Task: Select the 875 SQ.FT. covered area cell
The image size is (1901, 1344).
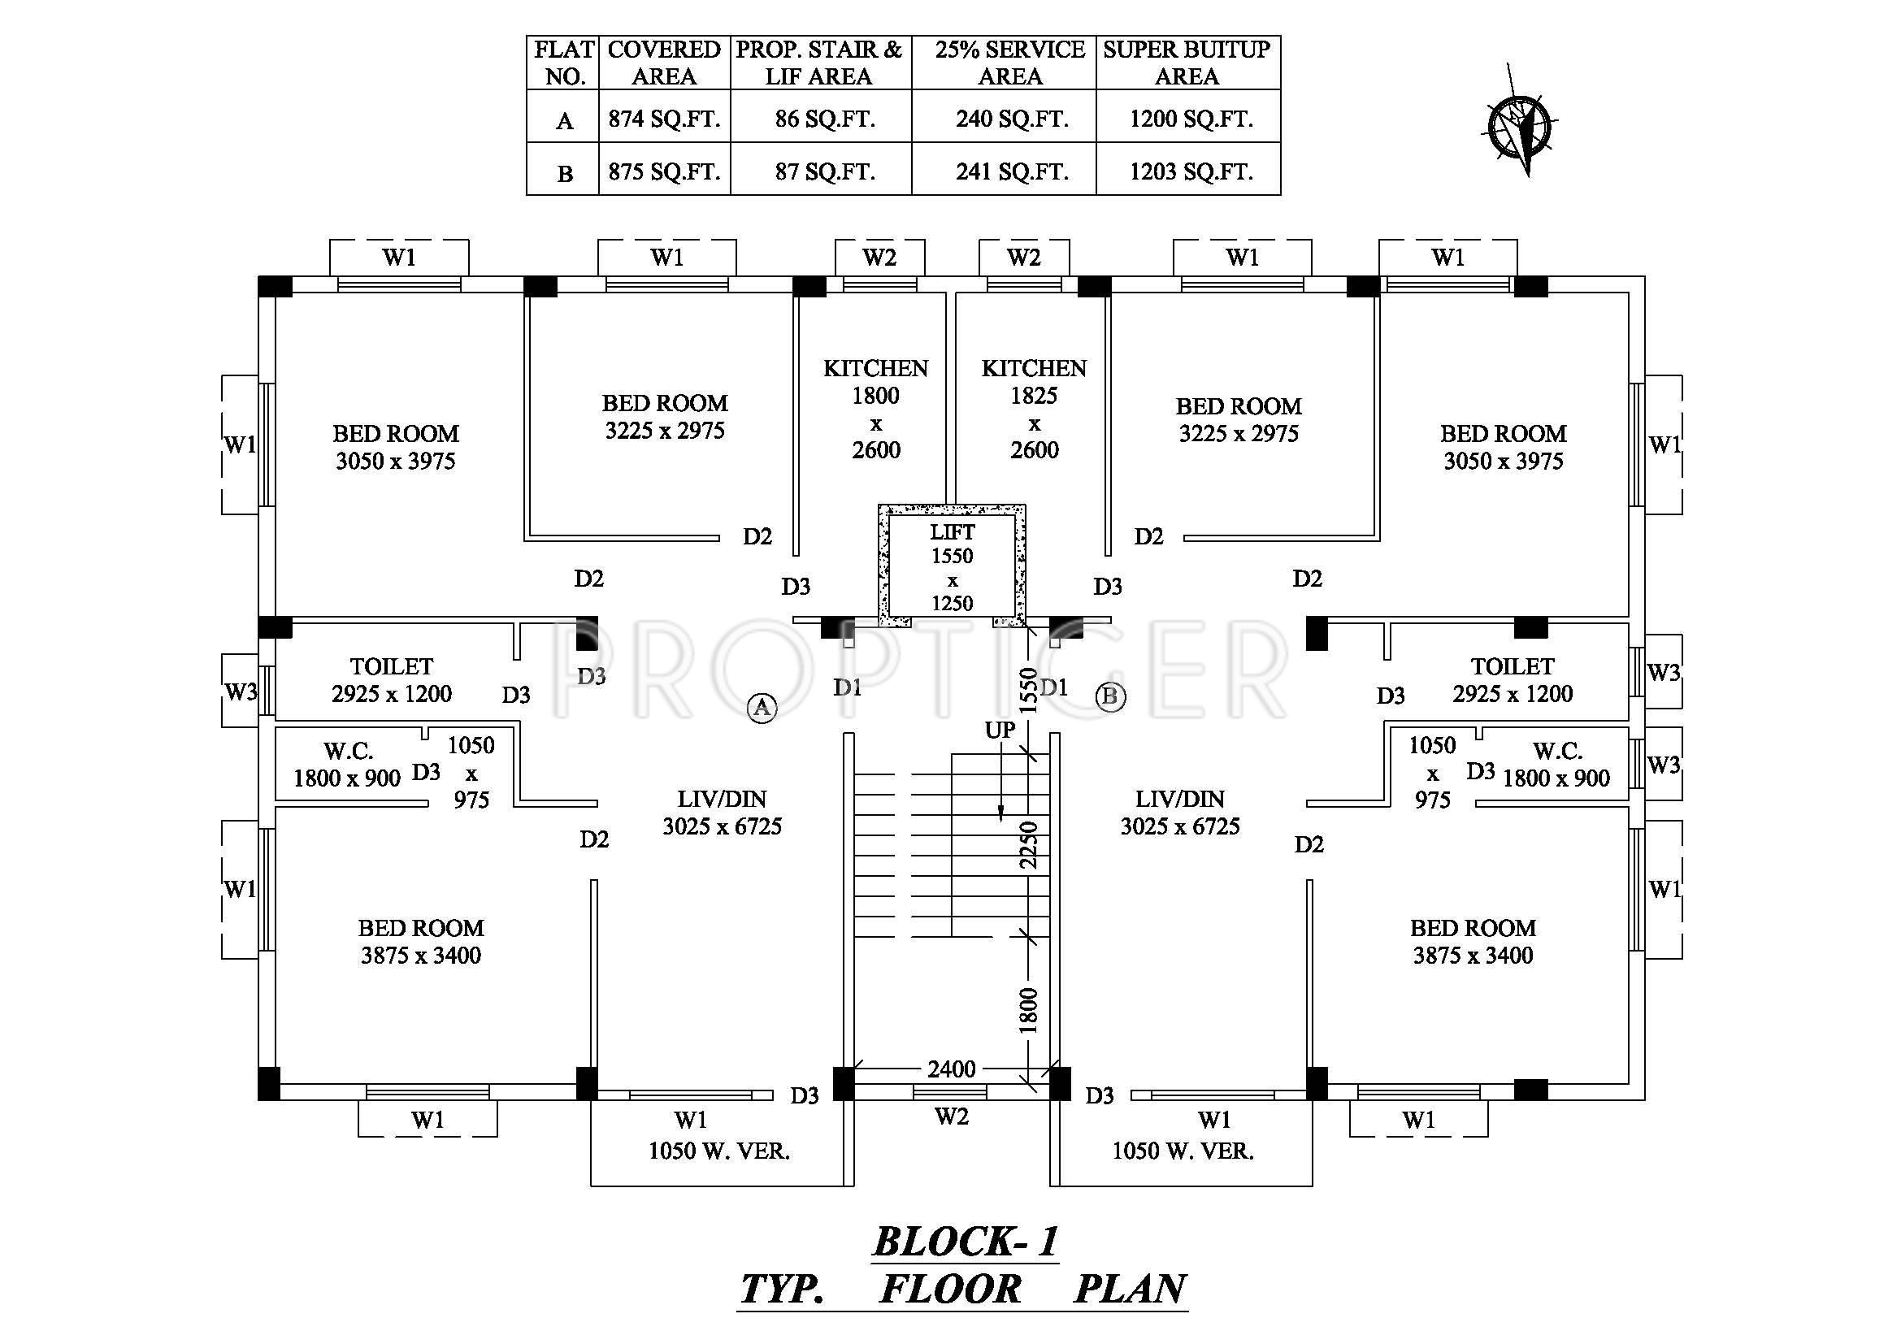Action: point(664,171)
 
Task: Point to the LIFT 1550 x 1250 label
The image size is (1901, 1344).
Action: point(952,567)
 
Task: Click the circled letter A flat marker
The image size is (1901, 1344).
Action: point(761,708)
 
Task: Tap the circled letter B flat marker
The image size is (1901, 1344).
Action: point(1110,697)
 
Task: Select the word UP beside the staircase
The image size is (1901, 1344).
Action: point(1000,730)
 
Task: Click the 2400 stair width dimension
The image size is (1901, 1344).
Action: point(952,1069)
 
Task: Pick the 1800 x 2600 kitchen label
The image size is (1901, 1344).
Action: point(875,409)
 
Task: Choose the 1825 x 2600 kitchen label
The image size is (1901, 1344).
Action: point(1033,409)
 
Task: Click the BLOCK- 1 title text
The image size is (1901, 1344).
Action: point(966,1242)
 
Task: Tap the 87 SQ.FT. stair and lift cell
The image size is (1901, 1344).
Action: point(825,171)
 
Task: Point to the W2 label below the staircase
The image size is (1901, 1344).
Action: point(952,1116)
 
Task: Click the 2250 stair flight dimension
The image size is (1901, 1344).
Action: point(1027,844)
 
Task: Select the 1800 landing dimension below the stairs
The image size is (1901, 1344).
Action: point(1027,1010)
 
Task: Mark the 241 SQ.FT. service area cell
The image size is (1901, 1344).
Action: point(1012,171)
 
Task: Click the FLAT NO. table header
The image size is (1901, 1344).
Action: point(564,63)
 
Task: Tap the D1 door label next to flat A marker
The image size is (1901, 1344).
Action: point(847,687)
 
